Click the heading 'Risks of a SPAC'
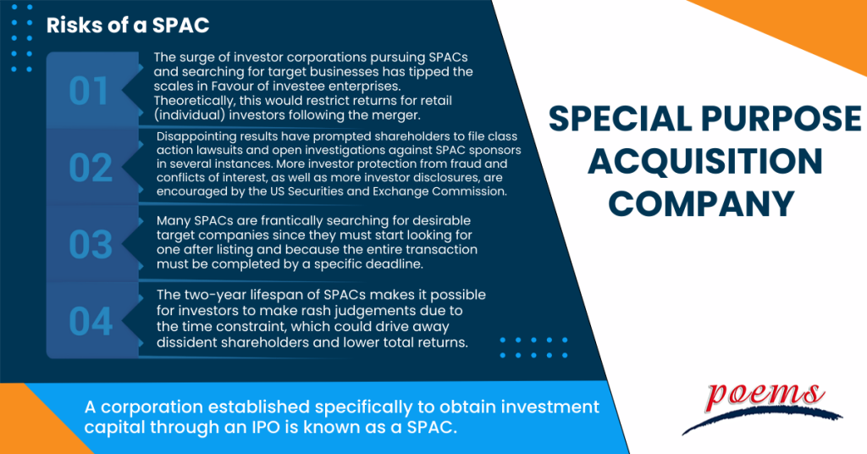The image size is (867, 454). click(127, 25)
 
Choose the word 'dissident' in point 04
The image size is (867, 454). click(190, 343)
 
